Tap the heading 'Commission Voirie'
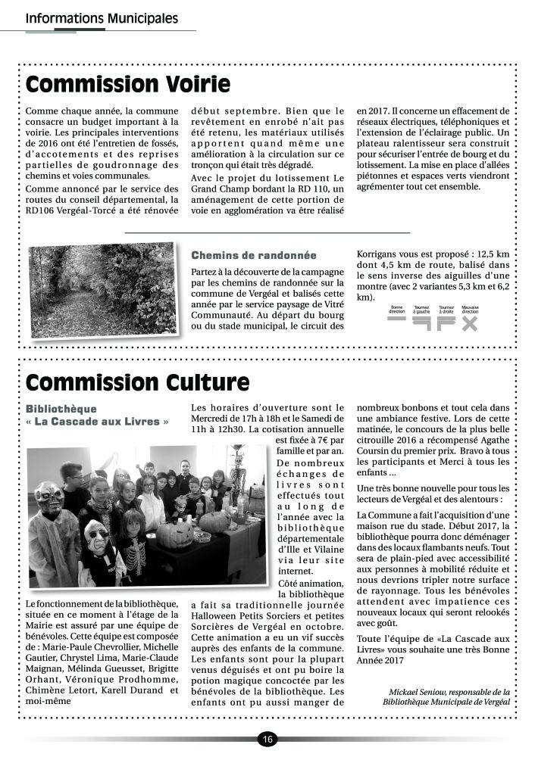pos(127,83)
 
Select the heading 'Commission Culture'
pos(137,384)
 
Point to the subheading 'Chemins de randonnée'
pos(254,255)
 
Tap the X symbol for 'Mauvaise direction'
pos(470,323)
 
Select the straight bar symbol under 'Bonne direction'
pos(397,319)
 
